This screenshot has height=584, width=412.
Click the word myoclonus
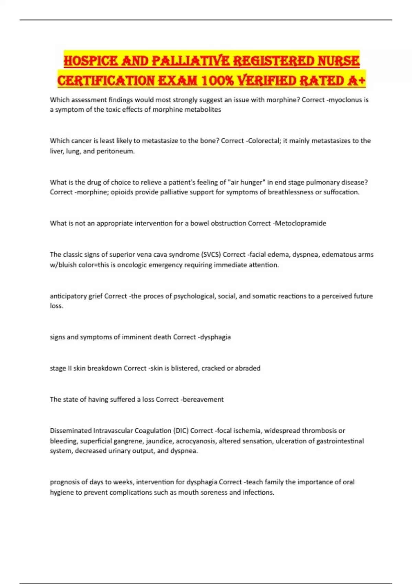345,100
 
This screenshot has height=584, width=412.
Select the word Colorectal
264,141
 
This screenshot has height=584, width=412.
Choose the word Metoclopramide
301,223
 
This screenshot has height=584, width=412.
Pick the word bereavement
203,400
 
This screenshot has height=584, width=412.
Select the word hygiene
62,493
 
